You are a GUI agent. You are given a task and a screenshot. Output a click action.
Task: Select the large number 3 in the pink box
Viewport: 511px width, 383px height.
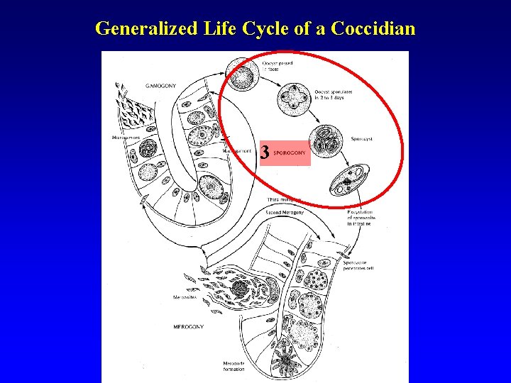tap(265, 152)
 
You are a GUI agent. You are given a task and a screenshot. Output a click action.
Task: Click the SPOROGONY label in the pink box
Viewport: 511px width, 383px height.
tap(289, 153)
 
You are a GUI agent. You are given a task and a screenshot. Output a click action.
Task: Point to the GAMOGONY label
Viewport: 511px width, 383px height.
tap(162, 85)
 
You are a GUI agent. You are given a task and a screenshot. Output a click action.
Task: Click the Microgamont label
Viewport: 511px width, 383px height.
tap(126, 136)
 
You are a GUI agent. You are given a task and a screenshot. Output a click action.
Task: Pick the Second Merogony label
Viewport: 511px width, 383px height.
tap(287, 210)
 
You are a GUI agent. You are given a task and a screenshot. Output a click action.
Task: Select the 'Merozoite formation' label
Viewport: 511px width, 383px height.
tap(233, 366)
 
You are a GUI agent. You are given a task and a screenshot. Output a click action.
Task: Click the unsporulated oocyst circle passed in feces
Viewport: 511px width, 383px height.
tap(241, 72)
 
